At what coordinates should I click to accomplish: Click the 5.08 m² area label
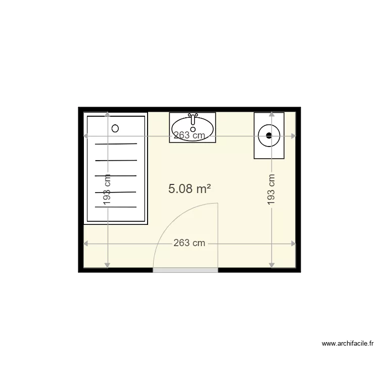coord(189,188)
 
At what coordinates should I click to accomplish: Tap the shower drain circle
coord(115,128)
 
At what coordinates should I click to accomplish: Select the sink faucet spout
coord(193,120)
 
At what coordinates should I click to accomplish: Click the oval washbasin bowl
coord(193,129)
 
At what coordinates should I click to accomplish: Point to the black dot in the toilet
coord(269,135)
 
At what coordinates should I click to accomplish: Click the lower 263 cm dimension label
coord(189,243)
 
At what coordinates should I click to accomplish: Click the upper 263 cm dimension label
coord(189,135)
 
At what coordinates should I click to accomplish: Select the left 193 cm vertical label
coord(107,189)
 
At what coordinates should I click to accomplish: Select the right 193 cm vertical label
coord(271,189)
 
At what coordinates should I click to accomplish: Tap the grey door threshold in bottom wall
coord(185,270)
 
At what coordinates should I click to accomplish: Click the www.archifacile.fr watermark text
coord(348,344)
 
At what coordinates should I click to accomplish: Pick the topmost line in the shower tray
coord(116,144)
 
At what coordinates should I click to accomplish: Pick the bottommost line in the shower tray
coord(116,207)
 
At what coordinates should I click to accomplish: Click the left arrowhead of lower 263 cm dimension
coord(85,244)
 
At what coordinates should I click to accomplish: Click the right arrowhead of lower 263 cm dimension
coord(294,244)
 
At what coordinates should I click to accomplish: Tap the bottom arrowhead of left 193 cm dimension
coord(107,266)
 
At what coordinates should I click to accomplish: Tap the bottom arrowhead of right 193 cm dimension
coord(272,266)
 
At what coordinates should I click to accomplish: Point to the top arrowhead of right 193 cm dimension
coord(272,114)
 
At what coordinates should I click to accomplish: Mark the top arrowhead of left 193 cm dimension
coord(107,114)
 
